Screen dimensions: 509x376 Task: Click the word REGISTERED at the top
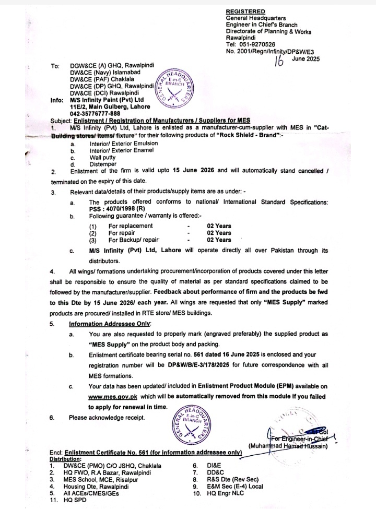click(x=245, y=11)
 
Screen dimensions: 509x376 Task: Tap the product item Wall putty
click(x=103, y=157)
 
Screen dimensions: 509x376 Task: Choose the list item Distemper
click(x=103, y=164)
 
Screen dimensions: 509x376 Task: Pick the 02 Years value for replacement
click(x=219, y=226)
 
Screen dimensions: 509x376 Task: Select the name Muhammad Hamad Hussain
click(x=296, y=446)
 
